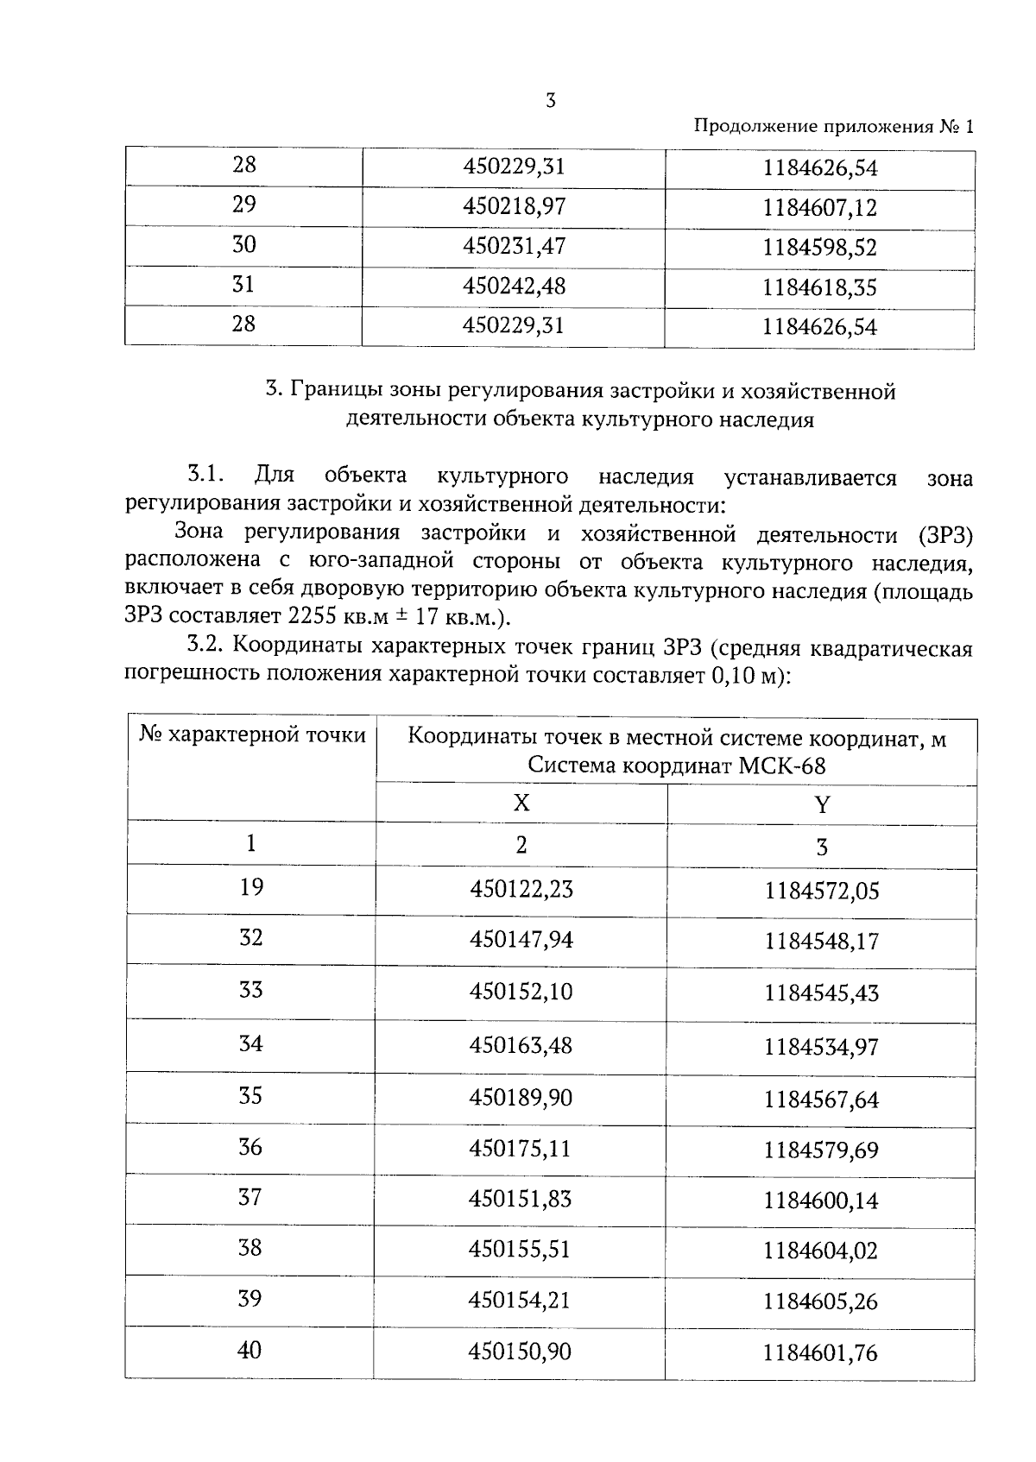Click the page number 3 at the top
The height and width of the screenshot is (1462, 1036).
[550, 101]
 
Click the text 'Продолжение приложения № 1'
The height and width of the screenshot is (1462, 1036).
[833, 127]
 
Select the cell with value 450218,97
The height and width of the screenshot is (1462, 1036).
[514, 206]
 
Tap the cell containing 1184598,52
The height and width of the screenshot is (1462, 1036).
[819, 248]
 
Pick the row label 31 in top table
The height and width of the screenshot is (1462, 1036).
[243, 284]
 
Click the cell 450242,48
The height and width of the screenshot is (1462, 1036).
[514, 286]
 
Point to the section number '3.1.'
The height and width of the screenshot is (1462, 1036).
[205, 476]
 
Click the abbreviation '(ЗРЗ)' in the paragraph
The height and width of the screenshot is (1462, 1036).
[945, 535]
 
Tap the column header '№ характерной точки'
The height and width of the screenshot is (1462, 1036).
[252, 736]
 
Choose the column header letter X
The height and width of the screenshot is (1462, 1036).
[521, 803]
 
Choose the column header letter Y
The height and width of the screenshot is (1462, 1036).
[822, 805]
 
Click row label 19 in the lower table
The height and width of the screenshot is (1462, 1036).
[250, 887]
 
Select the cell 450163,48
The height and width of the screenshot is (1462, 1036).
[521, 1045]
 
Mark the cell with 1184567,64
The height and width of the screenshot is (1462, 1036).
[821, 1100]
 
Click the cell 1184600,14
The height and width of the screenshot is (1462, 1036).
[821, 1200]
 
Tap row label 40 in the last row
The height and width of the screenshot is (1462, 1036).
[249, 1350]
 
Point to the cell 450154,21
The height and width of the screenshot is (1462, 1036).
[520, 1300]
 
